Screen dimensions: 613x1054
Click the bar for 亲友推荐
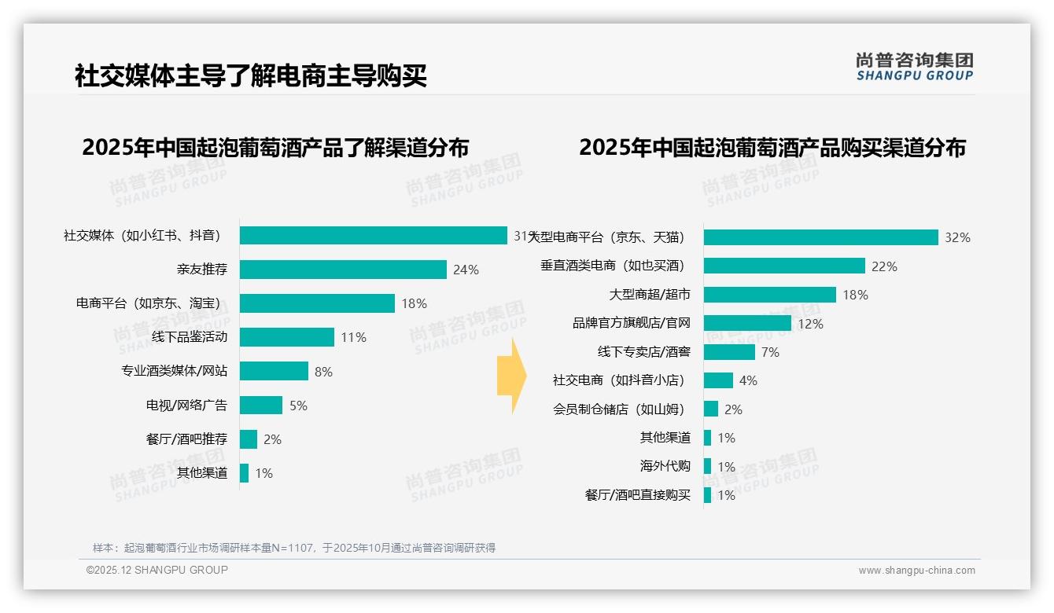point(343,270)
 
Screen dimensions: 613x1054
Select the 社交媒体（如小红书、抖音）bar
point(373,236)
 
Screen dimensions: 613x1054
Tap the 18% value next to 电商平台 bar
point(414,303)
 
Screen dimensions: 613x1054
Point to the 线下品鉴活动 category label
point(190,337)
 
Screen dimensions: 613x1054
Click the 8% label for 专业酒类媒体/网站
point(323,372)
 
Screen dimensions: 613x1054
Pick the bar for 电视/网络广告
point(261,406)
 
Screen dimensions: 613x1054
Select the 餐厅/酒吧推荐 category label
point(186,439)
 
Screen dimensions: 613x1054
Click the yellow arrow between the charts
point(510,376)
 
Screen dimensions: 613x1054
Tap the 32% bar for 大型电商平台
point(820,237)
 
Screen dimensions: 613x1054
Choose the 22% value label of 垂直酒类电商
point(884,266)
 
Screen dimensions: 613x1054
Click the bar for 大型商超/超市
point(769,295)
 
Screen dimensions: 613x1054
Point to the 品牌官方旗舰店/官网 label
point(631,323)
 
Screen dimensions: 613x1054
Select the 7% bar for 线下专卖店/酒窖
point(729,352)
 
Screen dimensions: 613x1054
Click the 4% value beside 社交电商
point(748,380)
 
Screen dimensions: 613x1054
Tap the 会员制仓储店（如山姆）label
point(619,409)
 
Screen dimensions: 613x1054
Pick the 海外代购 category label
point(665,466)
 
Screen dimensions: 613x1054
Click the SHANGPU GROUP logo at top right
point(914,66)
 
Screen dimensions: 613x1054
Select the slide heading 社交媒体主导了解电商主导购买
point(250,76)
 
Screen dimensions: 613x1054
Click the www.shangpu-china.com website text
point(916,571)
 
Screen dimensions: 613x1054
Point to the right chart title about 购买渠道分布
point(772,148)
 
